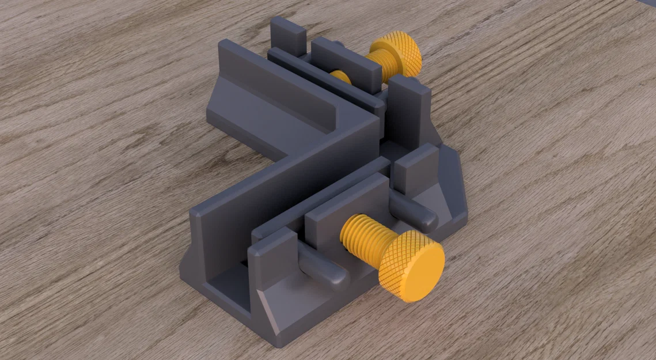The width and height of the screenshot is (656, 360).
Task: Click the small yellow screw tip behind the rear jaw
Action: pyautogui.click(x=340, y=77)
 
